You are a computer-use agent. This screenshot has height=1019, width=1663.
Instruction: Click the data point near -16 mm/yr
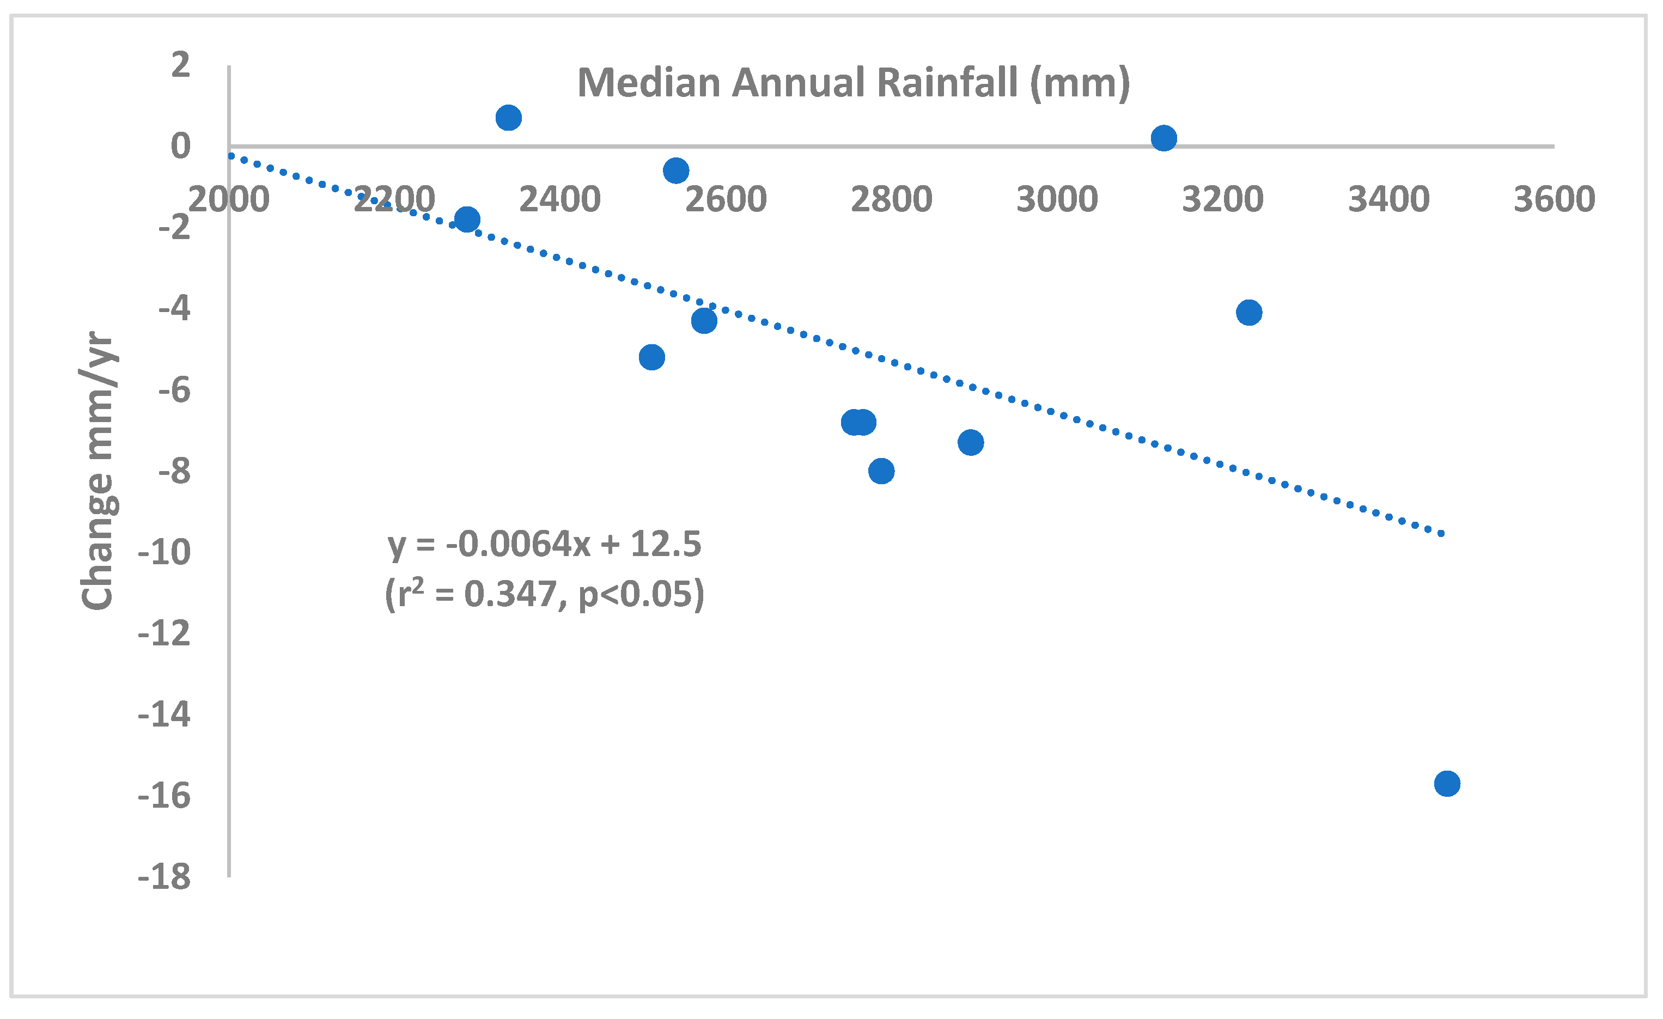[1446, 784]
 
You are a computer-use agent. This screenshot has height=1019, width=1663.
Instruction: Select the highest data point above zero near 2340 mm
[508, 118]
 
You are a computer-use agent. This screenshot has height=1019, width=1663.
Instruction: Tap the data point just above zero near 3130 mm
[1164, 138]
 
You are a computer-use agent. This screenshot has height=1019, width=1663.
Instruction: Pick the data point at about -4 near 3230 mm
[1248, 313]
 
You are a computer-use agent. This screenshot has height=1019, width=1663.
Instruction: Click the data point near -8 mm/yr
[881, 471]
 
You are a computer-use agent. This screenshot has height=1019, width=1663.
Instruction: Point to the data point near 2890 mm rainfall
[970, 443]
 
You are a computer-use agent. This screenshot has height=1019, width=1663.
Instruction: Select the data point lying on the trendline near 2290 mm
[466, 219]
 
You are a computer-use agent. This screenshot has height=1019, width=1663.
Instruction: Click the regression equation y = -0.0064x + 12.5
[544, 544]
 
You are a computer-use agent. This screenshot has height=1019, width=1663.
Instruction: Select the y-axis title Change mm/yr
[99, 471]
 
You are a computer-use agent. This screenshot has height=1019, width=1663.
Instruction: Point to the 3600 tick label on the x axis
[1554, 200]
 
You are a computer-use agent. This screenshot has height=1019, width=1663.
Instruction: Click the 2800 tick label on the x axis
[891, 200]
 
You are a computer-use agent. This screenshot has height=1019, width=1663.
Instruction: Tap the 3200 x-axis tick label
[1222, 200]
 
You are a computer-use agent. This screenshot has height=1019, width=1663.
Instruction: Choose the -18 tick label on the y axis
[164, 877]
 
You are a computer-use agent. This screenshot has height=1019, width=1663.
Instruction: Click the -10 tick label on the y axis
[164, 553]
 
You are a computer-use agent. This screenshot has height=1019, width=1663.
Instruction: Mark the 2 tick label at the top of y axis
[180, 65]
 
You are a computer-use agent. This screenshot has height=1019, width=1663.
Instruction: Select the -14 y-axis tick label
[164, 715]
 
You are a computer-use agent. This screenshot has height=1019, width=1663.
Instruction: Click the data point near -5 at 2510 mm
[651, 357]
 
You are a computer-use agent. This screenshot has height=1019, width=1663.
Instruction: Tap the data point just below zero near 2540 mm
[675, 170]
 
